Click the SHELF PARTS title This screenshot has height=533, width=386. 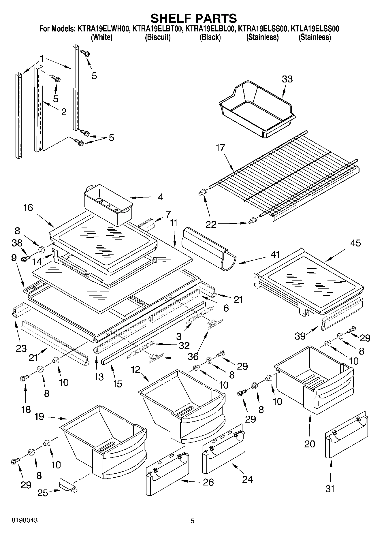click(x=194, y=18)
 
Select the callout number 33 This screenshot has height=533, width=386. click(x=287, y=79)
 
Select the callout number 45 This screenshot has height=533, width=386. click(x=355, y=243)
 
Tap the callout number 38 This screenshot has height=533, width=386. click(x=17, y=243)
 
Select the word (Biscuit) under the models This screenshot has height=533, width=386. click(x=157, y=37)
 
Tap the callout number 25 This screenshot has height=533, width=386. click(x=43, y=493)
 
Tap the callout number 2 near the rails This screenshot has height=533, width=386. click(x=63, y=112)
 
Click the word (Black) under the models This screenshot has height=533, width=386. click(x=210, y=37)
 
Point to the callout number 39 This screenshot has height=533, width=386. click(x=300, y=336)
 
